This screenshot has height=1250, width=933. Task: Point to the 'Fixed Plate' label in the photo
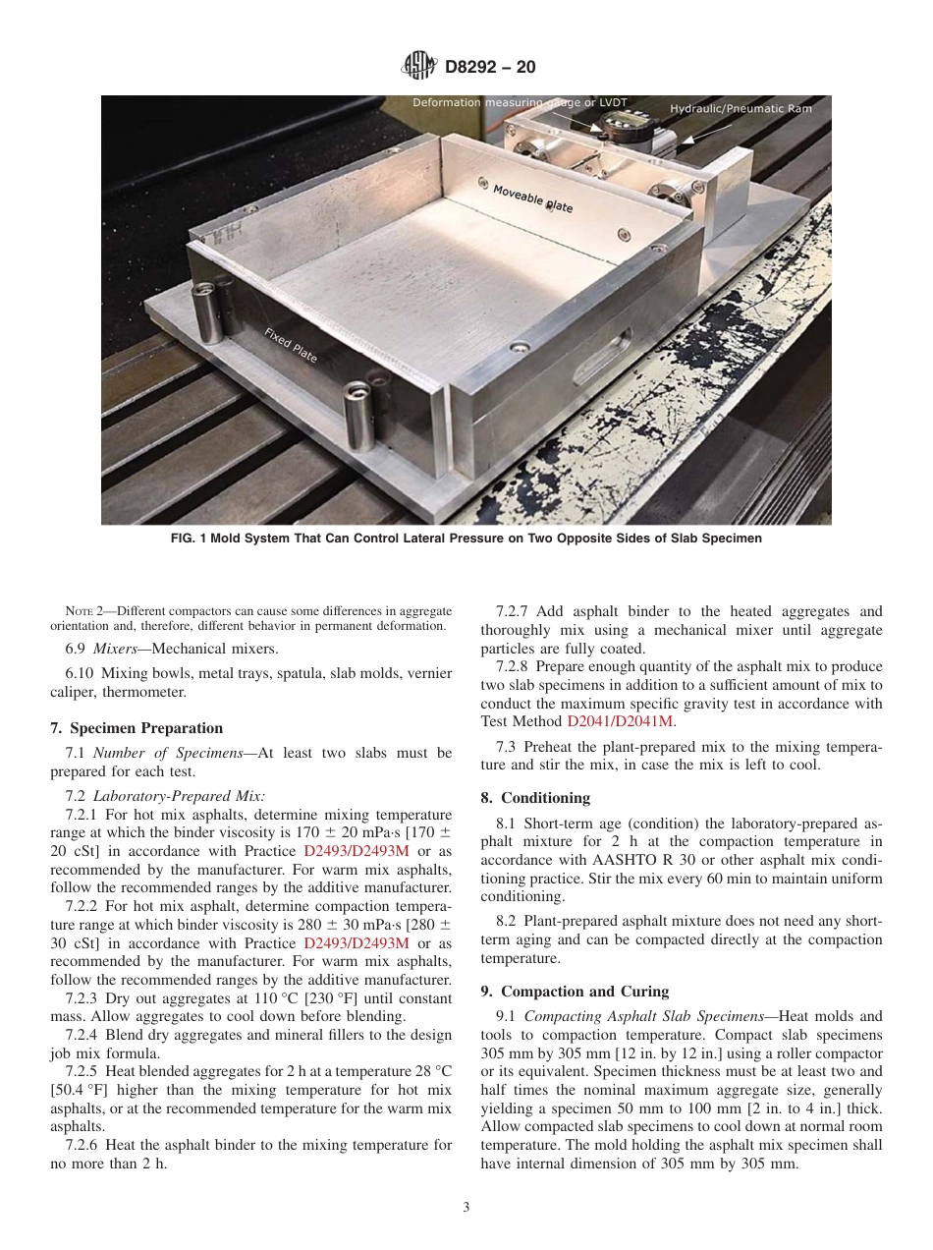coord(291,345)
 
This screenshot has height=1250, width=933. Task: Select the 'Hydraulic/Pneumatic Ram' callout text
coord(741,108)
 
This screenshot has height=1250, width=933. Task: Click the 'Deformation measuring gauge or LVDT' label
coord(520,102)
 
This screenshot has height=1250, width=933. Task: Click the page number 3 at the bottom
coord(466,1208)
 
